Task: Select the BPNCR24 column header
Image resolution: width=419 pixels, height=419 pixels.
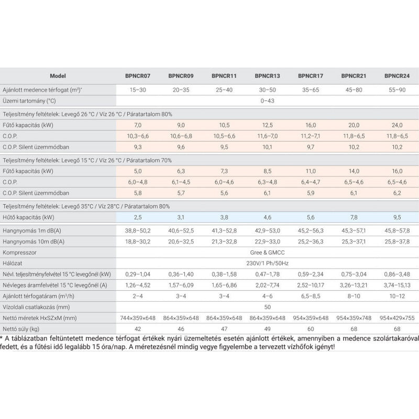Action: (x=397, y=76)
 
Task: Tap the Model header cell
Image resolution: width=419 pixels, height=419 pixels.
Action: (x=58, y=76)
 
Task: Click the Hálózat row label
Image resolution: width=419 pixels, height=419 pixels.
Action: (x=15, y=263)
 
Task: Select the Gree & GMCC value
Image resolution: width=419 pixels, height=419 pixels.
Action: (x=268, y=252)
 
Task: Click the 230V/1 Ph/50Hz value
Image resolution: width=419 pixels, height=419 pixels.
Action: (x=268, y=263)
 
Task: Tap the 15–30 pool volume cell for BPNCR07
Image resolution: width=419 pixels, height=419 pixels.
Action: (x=138, y=90)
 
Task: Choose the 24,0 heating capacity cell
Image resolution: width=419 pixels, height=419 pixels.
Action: (x=397, y=125)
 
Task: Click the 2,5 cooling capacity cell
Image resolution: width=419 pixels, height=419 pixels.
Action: (x=138, y=216)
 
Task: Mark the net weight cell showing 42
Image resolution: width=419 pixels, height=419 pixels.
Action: (x=138, y=329)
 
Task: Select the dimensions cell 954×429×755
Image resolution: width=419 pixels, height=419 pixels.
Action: (x=397, y=318)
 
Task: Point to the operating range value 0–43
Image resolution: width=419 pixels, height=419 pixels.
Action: (x=268, y=100)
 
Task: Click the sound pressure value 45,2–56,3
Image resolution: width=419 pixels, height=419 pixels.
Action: (x=311, y=230)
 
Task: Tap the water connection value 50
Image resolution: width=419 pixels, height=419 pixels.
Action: (x=268, y=307)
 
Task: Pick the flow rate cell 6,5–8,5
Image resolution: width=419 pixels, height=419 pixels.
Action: (x=311, y=296)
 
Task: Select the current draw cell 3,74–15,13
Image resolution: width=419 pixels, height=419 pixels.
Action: (x=397, y=285)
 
